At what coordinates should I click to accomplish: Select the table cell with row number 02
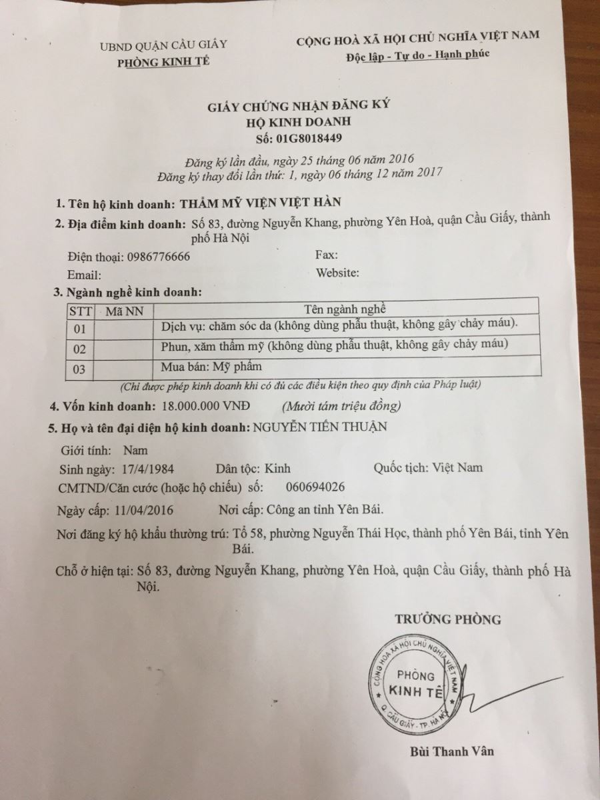[80, 348]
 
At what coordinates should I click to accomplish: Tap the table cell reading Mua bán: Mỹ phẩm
[212, 366]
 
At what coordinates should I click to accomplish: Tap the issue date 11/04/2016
[145, 510]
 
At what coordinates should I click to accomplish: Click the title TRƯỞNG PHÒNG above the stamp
[447, 619]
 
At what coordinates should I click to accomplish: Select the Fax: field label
[327, 255]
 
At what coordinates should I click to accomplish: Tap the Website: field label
[338, 273]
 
